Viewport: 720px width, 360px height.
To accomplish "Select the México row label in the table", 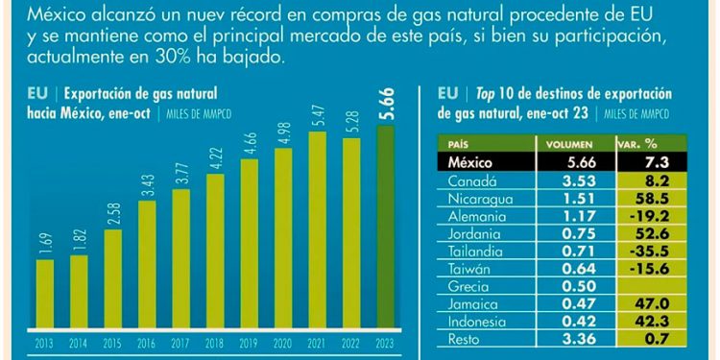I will tap(470, 161).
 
